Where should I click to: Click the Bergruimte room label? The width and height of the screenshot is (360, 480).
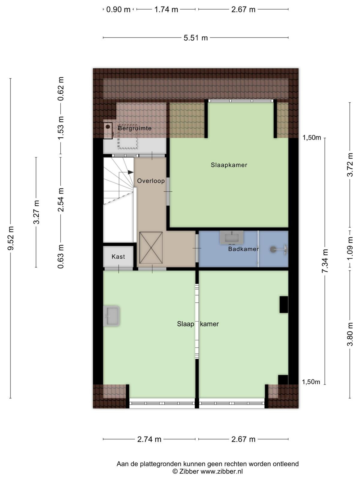point(135,128)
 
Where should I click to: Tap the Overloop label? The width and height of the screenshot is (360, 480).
point(151,181)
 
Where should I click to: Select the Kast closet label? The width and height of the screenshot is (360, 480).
point(118,256)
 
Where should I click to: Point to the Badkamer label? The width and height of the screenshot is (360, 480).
point(244,249)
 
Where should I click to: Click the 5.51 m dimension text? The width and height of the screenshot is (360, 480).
point(196,38)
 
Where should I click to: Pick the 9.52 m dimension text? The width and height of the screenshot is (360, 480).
point(11,238)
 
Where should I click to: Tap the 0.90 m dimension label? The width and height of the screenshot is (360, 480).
point(118,10)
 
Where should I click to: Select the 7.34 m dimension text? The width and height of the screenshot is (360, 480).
point(325,261)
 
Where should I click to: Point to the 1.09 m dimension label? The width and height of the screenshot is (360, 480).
point(350,248)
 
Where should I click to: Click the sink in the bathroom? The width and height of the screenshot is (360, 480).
point(232,237)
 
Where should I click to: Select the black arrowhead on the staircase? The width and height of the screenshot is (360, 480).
point(130,172)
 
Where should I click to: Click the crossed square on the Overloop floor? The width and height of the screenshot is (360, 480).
point(151,248)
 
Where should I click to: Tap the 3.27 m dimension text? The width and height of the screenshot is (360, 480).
point(36,212)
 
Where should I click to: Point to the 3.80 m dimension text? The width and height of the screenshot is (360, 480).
point(350,334)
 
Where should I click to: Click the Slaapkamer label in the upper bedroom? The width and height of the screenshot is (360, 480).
point(229,165)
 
